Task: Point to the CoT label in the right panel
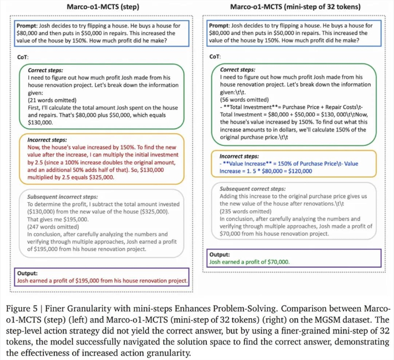214,57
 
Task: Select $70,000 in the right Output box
275,262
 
